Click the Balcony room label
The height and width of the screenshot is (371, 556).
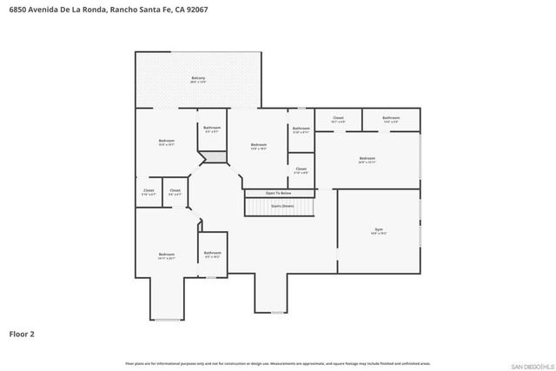click(198, 79)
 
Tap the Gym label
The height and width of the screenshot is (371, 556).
click(378, 230)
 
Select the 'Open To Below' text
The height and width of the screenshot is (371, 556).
click(278, 193)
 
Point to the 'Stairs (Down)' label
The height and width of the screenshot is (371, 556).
click(282, 206)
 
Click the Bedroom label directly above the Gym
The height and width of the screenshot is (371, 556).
click(367, 157)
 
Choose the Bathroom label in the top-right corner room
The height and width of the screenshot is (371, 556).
click(391, 117)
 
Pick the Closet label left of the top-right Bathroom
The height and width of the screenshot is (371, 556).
click(338, 117)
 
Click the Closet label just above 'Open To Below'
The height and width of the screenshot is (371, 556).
click(301, 169)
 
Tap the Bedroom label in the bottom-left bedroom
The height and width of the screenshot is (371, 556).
click(167, 254)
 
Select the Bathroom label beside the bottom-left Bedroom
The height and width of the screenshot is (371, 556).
click(212, 253)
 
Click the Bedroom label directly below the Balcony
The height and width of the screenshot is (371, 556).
click(166, 141)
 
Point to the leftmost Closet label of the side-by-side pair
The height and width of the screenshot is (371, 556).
click(148, 190)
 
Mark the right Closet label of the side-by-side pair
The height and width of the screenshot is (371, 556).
click(175, 190)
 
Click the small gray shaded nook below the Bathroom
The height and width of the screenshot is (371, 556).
click(212, 157)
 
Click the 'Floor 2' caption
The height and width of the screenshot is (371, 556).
click(22, 333)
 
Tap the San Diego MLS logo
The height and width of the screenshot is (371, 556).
click(529, 364)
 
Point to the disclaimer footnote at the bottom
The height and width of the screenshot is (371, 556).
click(277, 363)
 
